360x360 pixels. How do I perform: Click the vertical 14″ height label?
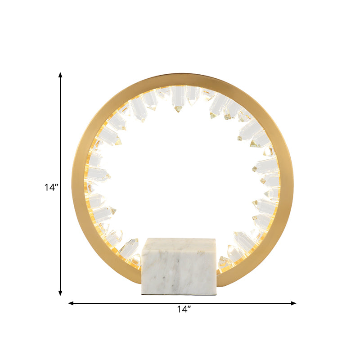tap(51, 188)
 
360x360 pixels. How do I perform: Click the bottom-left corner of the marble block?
tap(142, 294)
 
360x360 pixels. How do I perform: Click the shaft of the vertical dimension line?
tap(61, 135)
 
